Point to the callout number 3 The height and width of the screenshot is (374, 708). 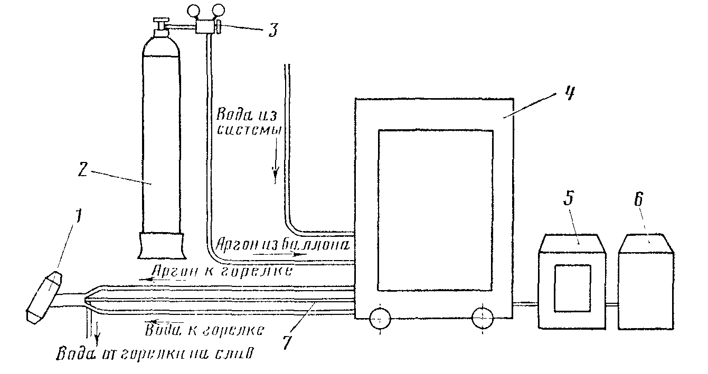[272, 29]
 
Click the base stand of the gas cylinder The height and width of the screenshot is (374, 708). [163, 245]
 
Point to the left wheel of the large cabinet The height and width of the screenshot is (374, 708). [380, 319]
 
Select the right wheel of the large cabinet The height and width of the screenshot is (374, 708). [483, 319]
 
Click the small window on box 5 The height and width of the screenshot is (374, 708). [573, 287]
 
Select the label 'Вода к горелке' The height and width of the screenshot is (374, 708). [204, 329]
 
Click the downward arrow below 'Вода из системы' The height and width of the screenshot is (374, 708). [275, 174]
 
